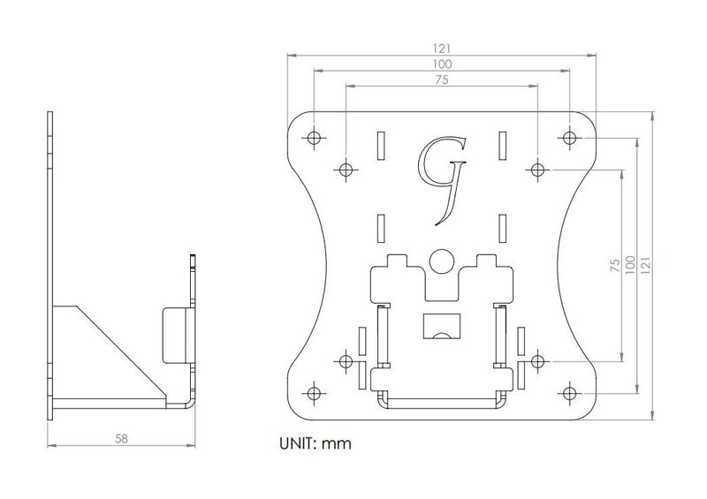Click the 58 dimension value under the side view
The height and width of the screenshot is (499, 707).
121,438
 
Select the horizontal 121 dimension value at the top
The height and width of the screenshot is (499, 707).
442,49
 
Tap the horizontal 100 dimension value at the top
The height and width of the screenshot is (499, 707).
442,64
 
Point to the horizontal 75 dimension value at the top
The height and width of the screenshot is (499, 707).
442,79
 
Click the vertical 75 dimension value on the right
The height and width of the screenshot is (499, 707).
614,265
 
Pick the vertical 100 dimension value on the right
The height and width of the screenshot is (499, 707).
630,265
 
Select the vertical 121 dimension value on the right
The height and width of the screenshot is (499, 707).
645,265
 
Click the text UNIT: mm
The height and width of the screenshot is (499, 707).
315,443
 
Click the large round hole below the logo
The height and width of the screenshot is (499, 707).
441,261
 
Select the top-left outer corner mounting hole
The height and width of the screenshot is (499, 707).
314,137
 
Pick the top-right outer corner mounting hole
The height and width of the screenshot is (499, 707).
569,137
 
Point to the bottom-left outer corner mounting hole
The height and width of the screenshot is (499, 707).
314,393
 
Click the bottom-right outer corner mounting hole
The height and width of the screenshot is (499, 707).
569,393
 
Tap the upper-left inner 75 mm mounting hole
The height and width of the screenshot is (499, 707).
346,170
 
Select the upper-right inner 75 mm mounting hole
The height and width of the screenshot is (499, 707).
537,170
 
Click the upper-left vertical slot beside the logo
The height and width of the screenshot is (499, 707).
381,146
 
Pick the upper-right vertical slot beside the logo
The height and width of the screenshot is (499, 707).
502,146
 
